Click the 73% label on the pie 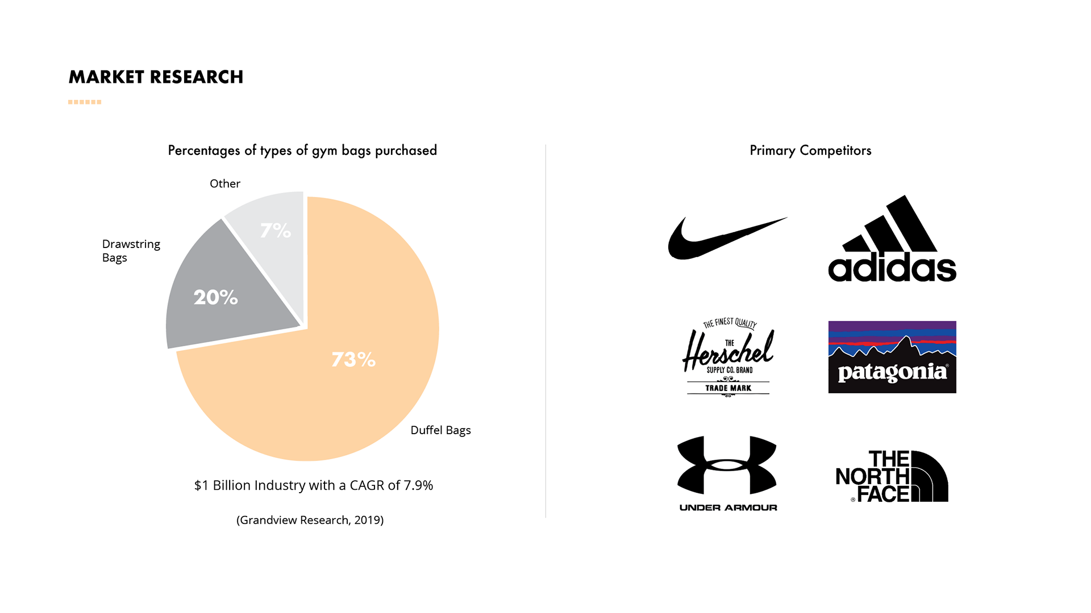[x=353, y=359]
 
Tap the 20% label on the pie [x=215, y=297]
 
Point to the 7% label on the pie [x=276, y=230]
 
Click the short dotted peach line [x=85, y=102]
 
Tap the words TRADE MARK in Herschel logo [x=728, y=388]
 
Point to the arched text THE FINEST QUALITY [x=730, y=323]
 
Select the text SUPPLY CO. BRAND [x=730, y=370]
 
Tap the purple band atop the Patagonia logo [x=892, y=326]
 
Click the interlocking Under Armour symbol [x=728, y=465]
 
